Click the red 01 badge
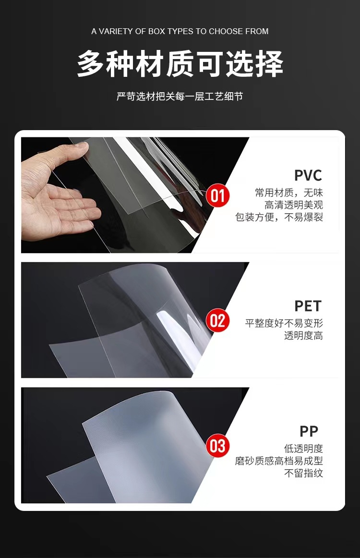pos(217,195)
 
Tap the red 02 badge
pos(217,320)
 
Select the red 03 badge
pos(217,446)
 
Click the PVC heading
pos(308,175)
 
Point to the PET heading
pos(308,306)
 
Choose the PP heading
pos(309,431)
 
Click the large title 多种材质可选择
pos(180,64)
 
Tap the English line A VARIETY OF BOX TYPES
pos(180,32)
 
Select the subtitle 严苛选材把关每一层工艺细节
pos(180,96)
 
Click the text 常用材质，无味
pos(289,193)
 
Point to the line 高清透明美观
pos(294,205)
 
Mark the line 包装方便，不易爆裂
pos(279,217)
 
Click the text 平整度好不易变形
pos(284,323)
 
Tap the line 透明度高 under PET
pos(303,336)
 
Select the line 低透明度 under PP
pos(303,449)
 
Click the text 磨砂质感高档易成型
pos(279,461)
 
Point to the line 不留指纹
pos(303,473)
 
